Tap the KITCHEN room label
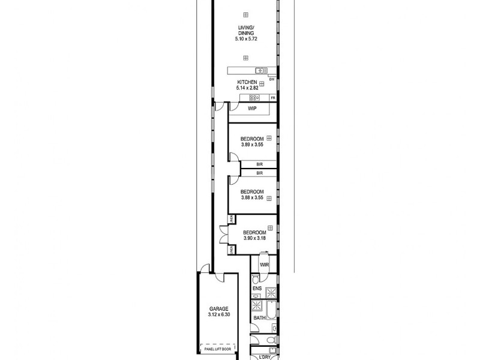(x=247, y=82)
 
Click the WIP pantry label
(x=252, y=109)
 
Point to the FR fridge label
(x=272, y=98)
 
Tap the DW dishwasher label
(x=272, y=79)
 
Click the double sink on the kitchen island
(x=261, y=70)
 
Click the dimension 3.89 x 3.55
(x=252, y=145)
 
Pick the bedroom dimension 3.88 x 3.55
(x=252, y=198)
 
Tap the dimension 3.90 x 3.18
(x=254, y=238)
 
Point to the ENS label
(x=257, y=289)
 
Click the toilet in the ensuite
(x=256, y=280)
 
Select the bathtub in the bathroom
(x=271, y=313)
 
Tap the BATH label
(x=259, y=318)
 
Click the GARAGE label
(x=218, y=308)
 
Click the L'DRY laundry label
(x=264, y=358)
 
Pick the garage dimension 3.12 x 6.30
(x=218, y=314)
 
